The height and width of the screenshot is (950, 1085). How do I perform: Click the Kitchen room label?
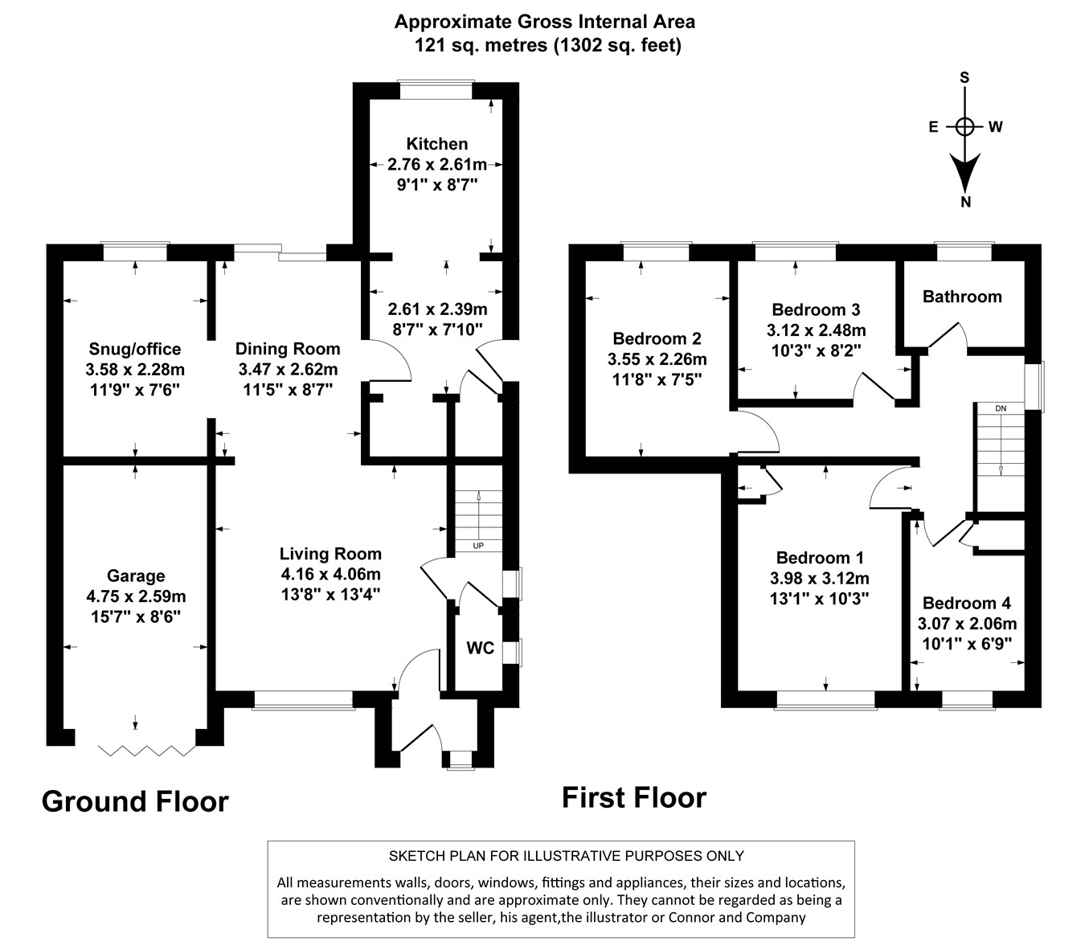click(436, 145)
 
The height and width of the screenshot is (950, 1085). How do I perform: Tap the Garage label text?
click(136, 576)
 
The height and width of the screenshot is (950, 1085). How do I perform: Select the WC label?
click(480, 649)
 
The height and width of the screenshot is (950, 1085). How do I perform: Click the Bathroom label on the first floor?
click(962, 297)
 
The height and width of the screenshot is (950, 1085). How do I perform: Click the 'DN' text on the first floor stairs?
click(1000, 408)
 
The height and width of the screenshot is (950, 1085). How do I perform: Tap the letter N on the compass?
click(966, 203)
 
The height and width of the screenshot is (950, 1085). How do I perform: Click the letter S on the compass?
click(965, 78)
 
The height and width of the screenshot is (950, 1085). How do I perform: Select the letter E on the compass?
click(933, 127)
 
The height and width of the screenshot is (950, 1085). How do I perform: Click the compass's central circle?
click(965, 127)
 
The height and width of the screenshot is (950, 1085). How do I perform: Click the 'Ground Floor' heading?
click(135, 801)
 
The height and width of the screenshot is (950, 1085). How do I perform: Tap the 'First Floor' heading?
click(633, 797)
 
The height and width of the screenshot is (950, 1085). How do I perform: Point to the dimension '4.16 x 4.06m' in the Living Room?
click(330, 574)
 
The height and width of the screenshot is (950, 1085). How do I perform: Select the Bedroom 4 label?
click(967, 604)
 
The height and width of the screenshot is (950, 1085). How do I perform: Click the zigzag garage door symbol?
click(147, 751)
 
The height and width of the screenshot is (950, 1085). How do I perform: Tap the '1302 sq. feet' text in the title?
click(616, 46)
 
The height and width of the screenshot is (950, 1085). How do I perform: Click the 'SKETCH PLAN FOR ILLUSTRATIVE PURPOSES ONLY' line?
click(566, 856)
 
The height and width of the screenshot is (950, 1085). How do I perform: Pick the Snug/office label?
click(135, 350)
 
